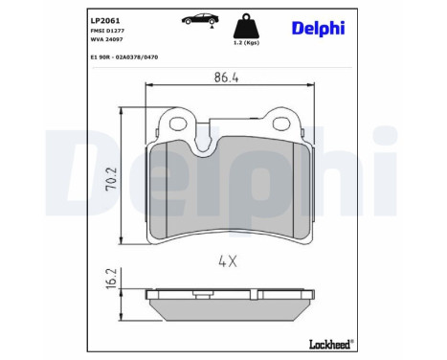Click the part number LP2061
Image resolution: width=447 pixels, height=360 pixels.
78,19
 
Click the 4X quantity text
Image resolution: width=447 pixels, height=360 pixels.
226,259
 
